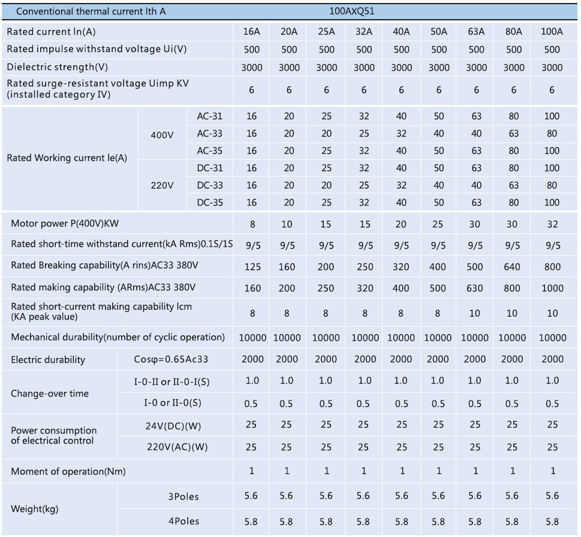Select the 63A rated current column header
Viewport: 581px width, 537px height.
[476, 32]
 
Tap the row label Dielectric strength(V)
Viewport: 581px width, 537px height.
[58, 67]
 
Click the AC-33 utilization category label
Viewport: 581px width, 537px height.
[209, 134]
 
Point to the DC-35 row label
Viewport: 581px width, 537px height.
[209, 202]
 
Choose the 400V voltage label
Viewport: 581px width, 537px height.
[162, 135]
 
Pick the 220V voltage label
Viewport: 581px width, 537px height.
[162, 186]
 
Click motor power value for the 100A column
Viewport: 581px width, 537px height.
[552, 224]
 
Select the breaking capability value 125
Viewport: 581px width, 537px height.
[252, 267]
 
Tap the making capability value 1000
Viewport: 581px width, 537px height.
[552, 288]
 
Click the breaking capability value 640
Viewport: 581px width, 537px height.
[512, 267]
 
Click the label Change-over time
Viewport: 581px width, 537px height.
[50, 393]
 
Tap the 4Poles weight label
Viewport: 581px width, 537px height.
[183, 521]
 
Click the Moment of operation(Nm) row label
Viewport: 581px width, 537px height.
[68, 471]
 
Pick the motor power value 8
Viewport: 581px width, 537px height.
[252, 224]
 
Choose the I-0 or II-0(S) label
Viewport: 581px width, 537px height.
[176, 403]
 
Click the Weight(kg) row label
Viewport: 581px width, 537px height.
[35, 509]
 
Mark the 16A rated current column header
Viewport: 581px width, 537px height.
[252, 32]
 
